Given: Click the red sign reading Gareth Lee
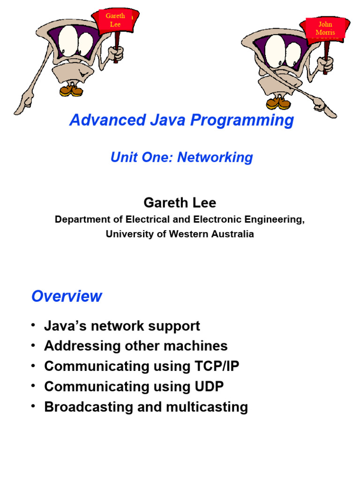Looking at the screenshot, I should [x=115, y=20].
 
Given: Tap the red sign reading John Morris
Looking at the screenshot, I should [x=325, y=28].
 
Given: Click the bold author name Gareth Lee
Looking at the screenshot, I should [x=180, y=202].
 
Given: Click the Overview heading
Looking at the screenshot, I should [x=67, y=296].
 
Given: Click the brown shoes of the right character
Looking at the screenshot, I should [x=278, y=102].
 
